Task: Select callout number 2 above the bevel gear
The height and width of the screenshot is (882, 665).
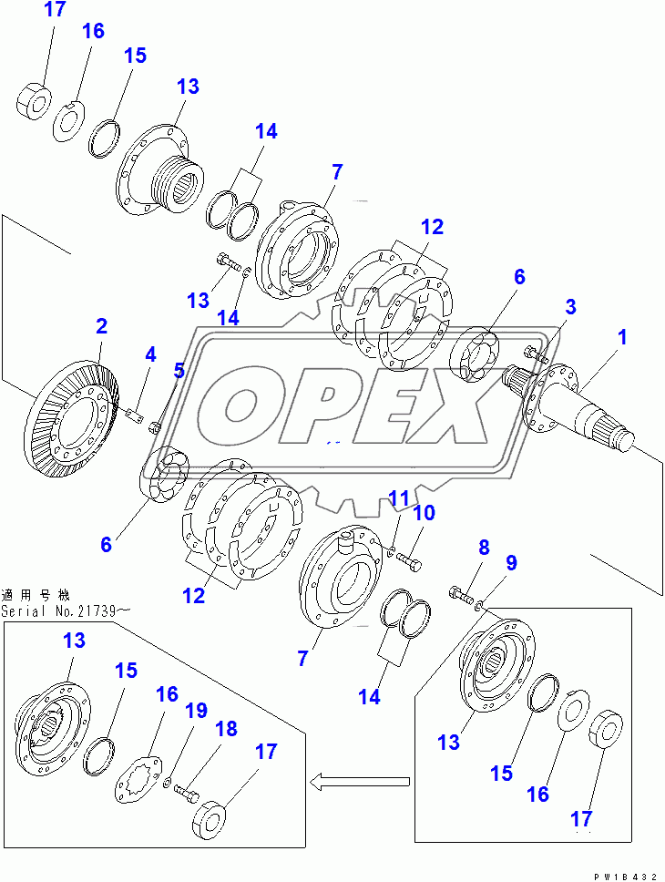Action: click(x=101, y=325)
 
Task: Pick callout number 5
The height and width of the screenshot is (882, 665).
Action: click(x=179, y=370)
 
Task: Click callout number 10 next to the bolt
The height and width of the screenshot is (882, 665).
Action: click(x=425, y=514)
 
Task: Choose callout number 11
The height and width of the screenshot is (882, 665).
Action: click(x=400, y=497)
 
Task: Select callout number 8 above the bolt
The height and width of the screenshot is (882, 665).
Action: click(x=484, y=548)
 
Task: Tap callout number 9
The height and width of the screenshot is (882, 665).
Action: click(x=512, y=563)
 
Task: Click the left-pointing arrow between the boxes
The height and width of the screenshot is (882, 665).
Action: click(x=359, y=781)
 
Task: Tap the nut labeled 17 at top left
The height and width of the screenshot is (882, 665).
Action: click(x=33, y=98)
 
